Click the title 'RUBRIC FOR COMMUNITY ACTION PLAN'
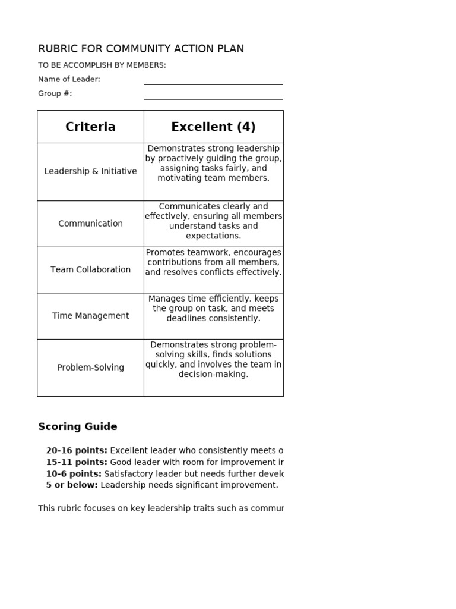(x=141, y=49)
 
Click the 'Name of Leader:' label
(x=69, y=79)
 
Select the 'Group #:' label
(x=55, y=93)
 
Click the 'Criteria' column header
(x=90, y=127)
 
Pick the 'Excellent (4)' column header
(x=213, y=127)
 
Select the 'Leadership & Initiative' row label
(x=90, y=171)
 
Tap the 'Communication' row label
(x=90, y=224)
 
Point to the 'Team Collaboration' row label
(x=90, y=269)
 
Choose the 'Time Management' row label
(x=90, y=316)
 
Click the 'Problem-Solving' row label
(x=90, y=368)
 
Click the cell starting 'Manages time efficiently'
(x=213, y=309)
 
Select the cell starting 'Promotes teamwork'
(x=213, y=262)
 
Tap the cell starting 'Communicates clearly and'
(x=213, y=221)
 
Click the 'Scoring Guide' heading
(x=77, y=426)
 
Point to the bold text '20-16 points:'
(x=77, y=451)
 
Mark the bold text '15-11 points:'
(x=77, y=462)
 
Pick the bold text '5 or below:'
(x=72, y=485)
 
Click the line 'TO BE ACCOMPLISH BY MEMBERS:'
(x=102, y=65)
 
